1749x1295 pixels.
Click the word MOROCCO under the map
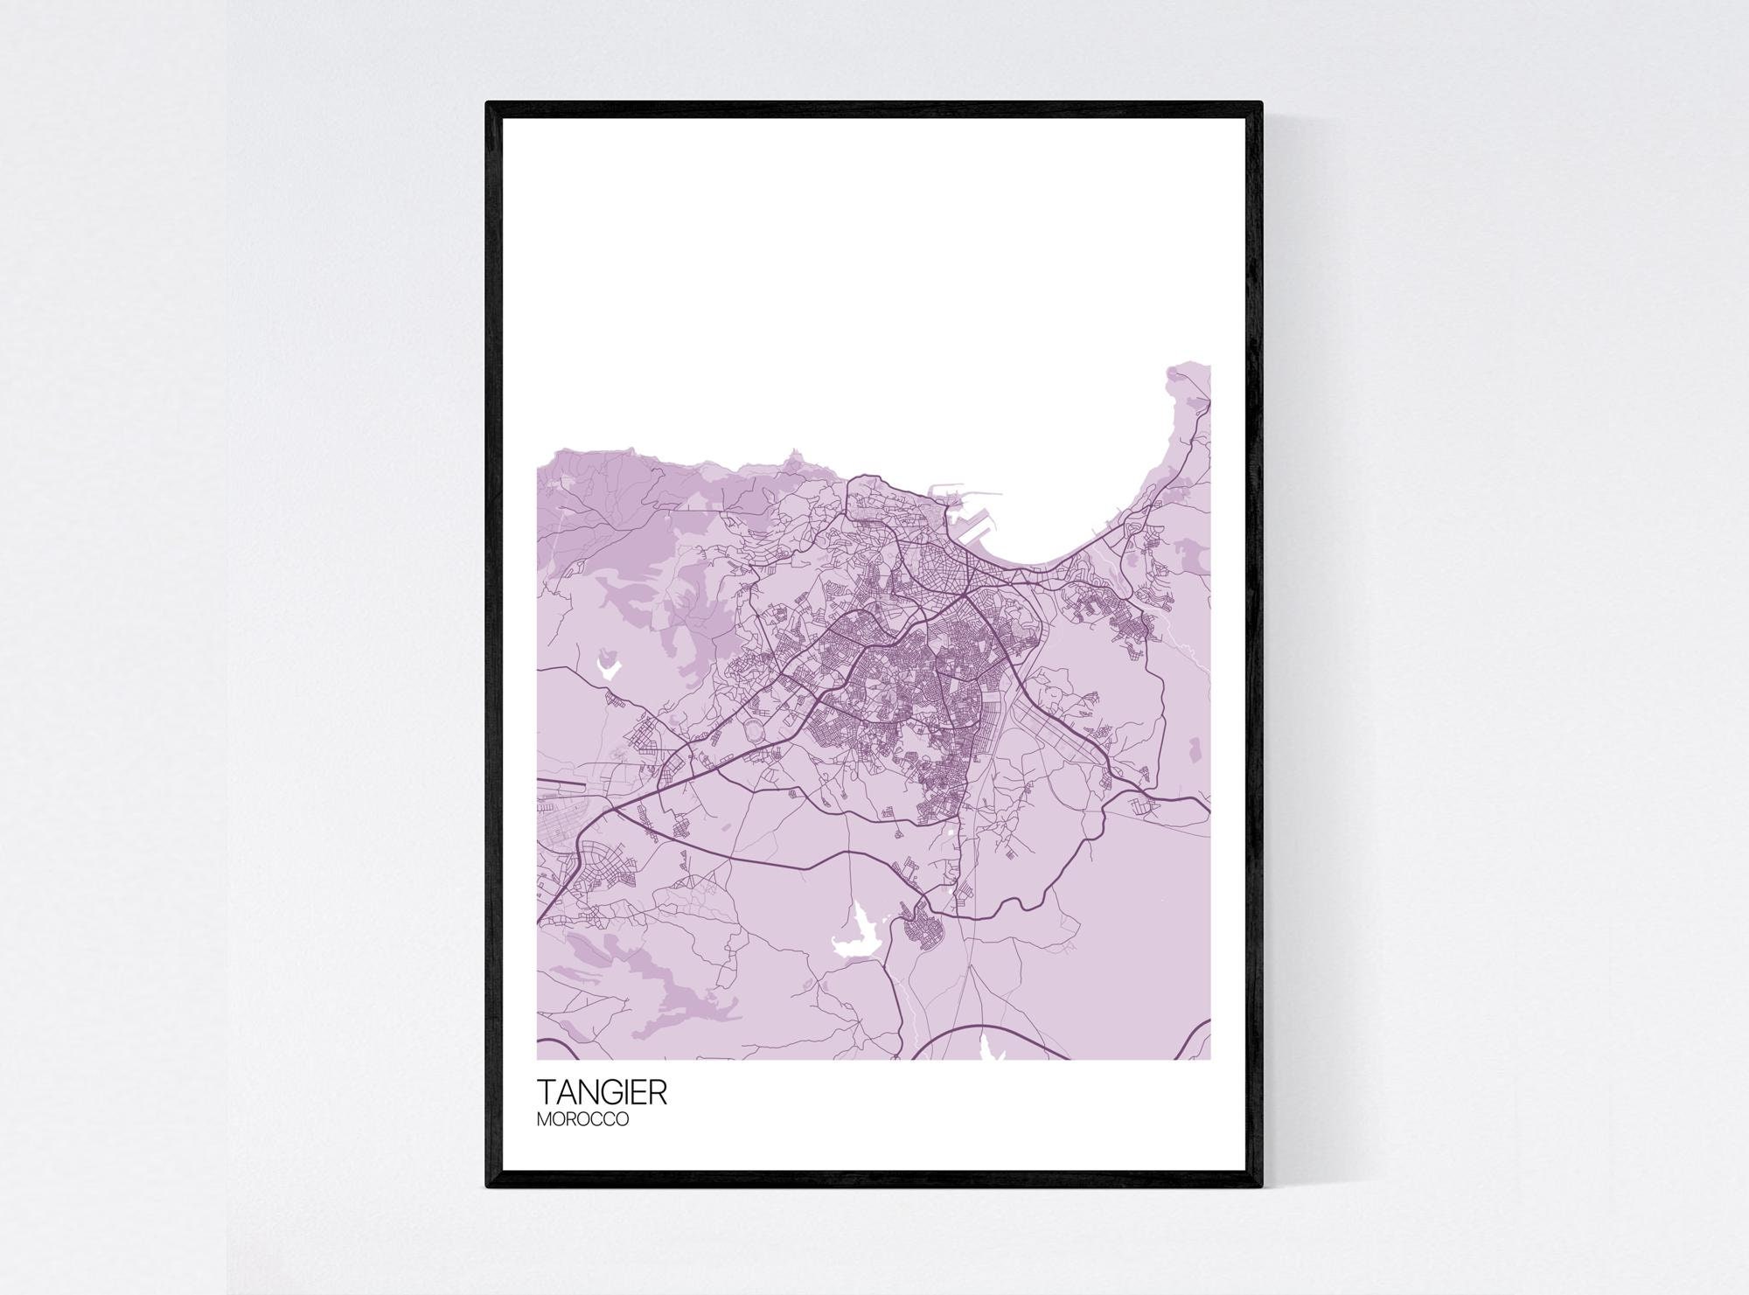point(582,1118)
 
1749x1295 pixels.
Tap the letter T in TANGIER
point(547,1092)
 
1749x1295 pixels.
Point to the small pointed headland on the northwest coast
point(794,456)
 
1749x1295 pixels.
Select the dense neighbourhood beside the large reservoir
point(927,927)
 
